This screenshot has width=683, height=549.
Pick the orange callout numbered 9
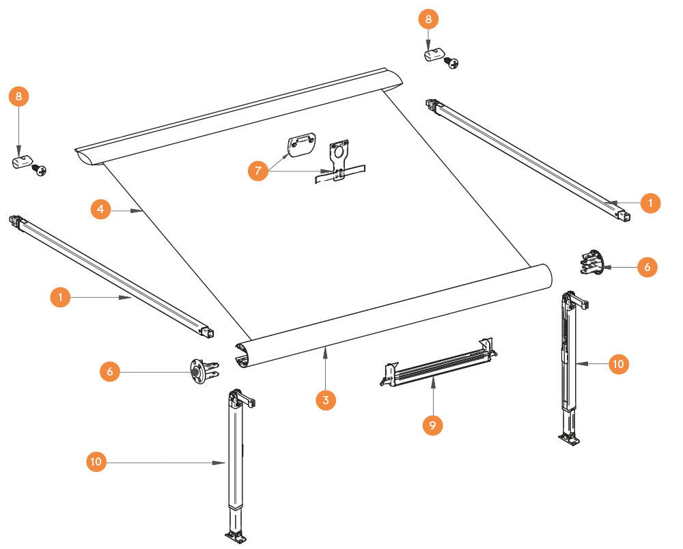[x=432, y=425]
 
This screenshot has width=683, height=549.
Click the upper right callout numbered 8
[x=428, y=19]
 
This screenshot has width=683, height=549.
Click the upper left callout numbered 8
[x=18, y=97]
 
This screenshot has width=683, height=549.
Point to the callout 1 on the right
[x=650, y=203]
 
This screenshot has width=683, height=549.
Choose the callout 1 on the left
[x=60, y=298]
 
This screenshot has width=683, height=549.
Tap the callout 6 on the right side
[x=647, y=268]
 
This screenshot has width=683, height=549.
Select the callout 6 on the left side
[x=109, y=371]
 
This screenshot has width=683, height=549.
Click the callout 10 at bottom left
[x=96, y=462]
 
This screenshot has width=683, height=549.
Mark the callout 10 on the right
[x=618, y=365]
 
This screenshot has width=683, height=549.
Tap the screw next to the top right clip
[x=451, y=62]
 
